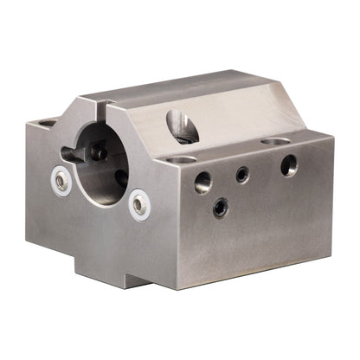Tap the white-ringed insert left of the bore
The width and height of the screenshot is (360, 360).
[x=61, y=181]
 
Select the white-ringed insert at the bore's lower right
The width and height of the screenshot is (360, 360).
[x=139, y=205]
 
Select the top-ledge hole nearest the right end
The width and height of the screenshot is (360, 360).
[x=275, y=140]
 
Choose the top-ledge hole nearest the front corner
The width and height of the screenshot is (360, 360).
[x=181, y=159]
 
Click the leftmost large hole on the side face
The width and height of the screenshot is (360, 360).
[x=202, y=182]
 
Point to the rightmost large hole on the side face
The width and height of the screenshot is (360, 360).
[x=289, y=164]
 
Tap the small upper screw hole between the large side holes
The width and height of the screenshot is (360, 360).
[x=242, y=174]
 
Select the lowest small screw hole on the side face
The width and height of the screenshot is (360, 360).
[x=222, y=207]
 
